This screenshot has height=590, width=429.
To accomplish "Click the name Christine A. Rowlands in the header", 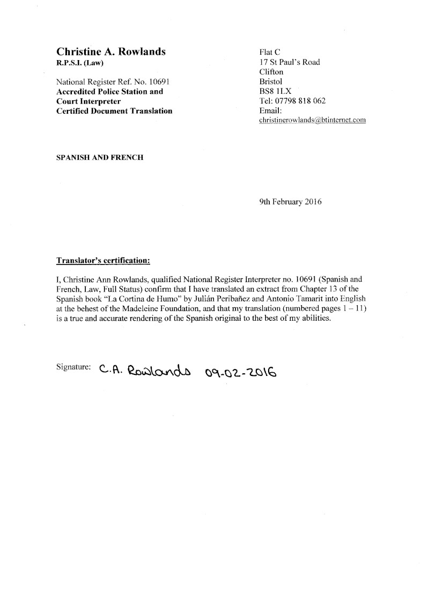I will coord(110,51).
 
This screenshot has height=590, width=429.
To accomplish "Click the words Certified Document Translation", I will coord(114,111).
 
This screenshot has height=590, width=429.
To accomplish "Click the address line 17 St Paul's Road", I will coord(289,62).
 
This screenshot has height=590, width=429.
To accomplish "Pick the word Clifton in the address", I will coord(271,72).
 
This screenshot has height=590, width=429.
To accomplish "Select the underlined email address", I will coord(312,120).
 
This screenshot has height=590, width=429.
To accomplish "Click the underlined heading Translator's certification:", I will coord(103,261).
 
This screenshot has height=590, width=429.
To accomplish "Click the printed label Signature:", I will coord(73,367).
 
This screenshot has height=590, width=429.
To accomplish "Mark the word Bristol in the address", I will coord(270,82).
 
